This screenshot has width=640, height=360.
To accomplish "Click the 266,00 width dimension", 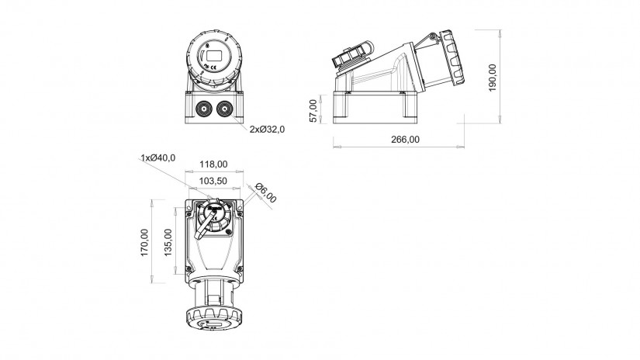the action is pyautogui.click(x=405, y=139).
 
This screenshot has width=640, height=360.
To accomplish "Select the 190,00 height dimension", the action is pyautogui.click(x=493, y=78).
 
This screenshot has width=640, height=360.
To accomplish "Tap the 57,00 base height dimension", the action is pyautogui.click(x=313, y=111).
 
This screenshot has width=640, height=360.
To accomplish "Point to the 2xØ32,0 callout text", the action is pyautogui.click(x=268, y=130).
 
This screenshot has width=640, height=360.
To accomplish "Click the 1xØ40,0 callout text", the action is pyautogui.click(x=158, y=157).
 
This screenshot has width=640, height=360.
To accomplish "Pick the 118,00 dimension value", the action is pyautogui.click(x=213, y=164).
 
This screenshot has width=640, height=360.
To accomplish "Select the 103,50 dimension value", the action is pyautogui.click(x=213, y=181).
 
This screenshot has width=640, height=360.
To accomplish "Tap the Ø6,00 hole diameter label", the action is pyautogui.click(x=266, y=192).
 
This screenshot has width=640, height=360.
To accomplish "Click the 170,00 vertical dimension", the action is pyautogui.click(x=145, y=242).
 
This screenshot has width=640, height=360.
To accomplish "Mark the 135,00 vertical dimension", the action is pyautogui.click(x=168, y=242).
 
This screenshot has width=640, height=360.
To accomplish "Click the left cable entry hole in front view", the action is pyautogui.click(x=204, y=109).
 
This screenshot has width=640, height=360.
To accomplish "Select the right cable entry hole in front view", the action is pyautogui.click(x=224, y=109).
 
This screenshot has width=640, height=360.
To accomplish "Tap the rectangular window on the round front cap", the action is pyautogui.click(x=214, y=56).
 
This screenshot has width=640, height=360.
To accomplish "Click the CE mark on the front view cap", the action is pyautogui.click(x=213, y=67).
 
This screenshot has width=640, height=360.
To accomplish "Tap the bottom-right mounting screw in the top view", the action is pyautogui.click(x=240, y=268).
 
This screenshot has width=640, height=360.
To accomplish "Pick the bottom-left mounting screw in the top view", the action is pyautogui.click(x=189, y=268).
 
